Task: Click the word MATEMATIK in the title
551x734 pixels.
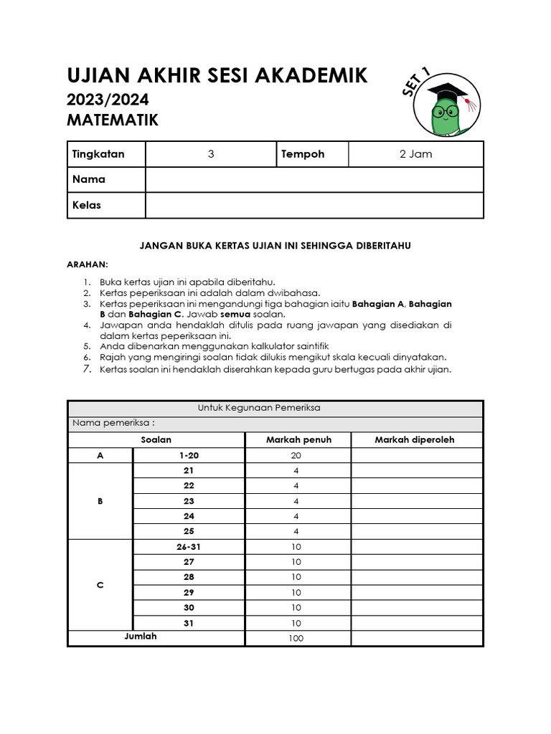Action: (x=113, y=120)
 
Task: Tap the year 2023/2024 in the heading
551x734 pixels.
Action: (x=108, y=99)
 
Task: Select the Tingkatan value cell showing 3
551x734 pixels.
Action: (x=211, y=154)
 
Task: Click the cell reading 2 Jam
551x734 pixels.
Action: (x=415, y=154)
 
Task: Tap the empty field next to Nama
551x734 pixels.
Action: (x=314, y=179)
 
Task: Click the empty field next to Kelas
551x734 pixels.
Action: (x=314, y=205)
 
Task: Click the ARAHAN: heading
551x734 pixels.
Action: (x=87, y=264)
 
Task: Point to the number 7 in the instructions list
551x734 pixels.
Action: (x=87, y=369)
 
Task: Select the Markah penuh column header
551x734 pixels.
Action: (x=298, y=439)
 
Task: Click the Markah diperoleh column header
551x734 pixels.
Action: (x=415, y=439)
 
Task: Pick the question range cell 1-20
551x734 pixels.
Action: (x=189, y=455)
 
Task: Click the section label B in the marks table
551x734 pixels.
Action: (x=100, y=501)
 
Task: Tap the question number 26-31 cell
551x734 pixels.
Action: (x=189, y=547)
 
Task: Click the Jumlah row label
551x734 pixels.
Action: (x=141, y=637)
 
